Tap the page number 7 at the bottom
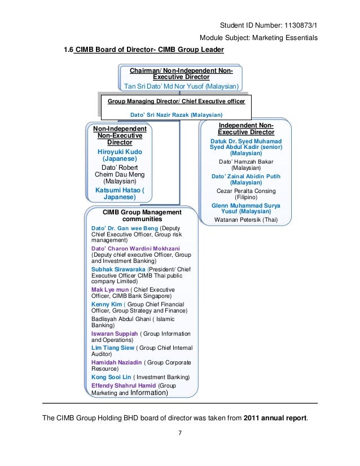tap(179, 434)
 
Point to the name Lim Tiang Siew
tap(112, 348)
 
